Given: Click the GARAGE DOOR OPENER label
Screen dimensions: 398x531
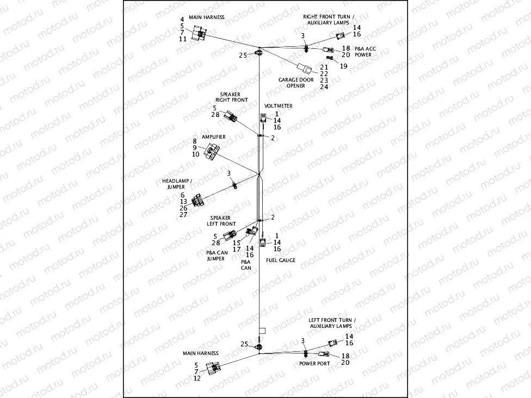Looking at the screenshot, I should pyautogui.click(x=296, y=83).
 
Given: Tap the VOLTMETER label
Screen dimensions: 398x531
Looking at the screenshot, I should pyautogui.click(x=278, y=105).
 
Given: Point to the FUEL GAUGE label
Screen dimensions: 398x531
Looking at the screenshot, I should pyautogui.click(x=281, y=260).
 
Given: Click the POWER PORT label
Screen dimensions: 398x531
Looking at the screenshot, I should pyautogui.click(x=314, y=363).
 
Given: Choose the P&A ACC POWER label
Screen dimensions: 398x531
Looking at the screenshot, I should pyautogui.click(x=365, y=52).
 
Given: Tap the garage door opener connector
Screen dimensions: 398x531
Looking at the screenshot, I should pyautogui.click(x=305, y=69).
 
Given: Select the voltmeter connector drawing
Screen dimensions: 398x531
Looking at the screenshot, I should pyautogui.click(x=263, y=119).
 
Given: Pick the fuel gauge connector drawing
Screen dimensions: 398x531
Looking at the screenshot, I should pyautogui.click(x=262, y=244).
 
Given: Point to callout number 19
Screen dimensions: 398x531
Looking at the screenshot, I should pyautogui.click(x=344, y=66).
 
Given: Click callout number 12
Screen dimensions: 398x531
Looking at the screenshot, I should pyautogui.click(x=197, y=378).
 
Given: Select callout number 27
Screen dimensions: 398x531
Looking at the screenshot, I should pyautogui.click(x=183, y=215).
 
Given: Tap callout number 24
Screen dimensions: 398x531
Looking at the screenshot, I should pyautogui.click(x=324, y=86).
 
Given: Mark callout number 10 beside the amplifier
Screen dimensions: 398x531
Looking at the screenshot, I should pyautogui.click(x=195, y=154).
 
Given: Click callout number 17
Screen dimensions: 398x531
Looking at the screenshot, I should pyautogui.click(x=237, y=249).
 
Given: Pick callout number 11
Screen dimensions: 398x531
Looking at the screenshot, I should pyautogui.click(x=182, y=39).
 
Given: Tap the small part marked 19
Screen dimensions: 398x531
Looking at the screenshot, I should pyautogui.click(x=330, y=58).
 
